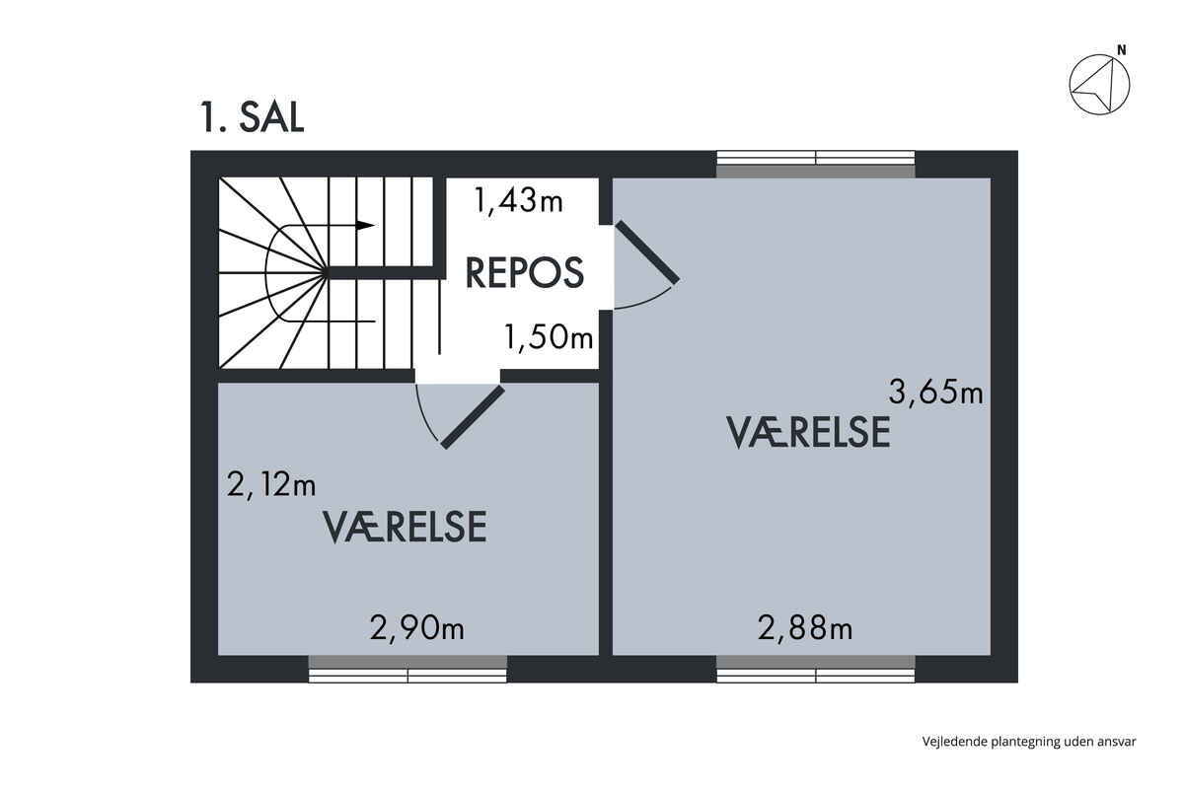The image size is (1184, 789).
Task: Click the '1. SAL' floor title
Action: click(x=252, y=117)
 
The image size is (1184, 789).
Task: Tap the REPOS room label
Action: click(x=524, y=272)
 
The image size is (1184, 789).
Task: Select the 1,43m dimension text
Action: click(x=519, y=202)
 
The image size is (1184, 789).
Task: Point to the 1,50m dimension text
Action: click(x=549, y=337)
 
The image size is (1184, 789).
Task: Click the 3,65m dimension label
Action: click(x=935, y=393)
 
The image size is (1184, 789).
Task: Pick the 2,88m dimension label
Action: click(x=805, y=629)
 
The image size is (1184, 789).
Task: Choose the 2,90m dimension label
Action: click(x=417, y=629)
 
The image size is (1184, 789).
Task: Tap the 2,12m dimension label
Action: click(x=271, y=484)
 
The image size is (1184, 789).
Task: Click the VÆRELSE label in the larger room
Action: click(x=809, y=432)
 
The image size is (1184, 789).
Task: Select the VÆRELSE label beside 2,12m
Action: click(x=405, y=527)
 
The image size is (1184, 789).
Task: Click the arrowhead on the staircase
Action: click(x=365, y=225)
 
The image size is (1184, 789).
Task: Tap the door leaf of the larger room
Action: click(x=647, y=252)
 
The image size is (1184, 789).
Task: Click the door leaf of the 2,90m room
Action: click(x=473, y=417)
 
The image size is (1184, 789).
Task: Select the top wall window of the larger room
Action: click(x=816, y=165)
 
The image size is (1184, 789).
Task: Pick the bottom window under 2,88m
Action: click(x=816, y=669)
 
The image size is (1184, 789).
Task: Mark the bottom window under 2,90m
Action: click(x=407, y=669)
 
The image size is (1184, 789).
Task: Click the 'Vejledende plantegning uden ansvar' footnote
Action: click(x=1028, y=742)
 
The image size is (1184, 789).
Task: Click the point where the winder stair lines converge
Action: click(x=326, y=272)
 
